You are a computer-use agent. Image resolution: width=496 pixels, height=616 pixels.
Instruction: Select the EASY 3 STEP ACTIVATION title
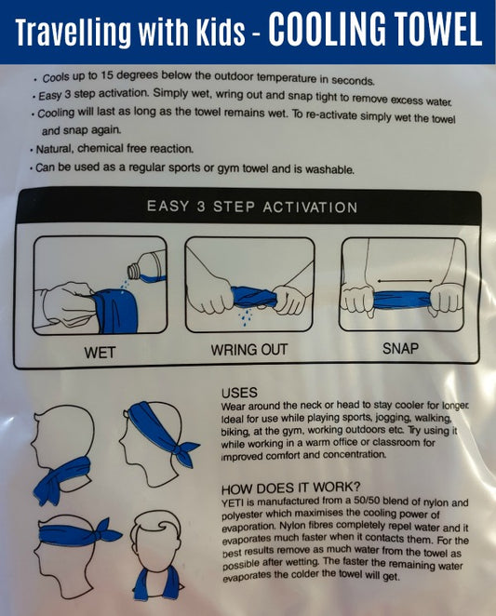tap(251, 206)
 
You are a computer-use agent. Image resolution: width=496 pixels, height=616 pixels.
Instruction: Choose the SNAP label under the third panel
tap(401, 350)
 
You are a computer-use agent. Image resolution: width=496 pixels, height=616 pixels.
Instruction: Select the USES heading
tap(240, 394)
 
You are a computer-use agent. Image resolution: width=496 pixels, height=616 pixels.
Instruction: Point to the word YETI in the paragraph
tap(235, 502)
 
